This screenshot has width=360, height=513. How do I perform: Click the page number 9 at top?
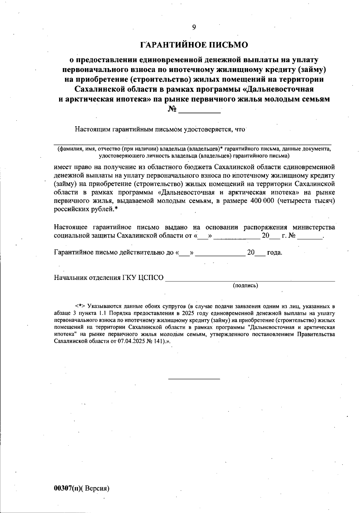click(x=194, y=27)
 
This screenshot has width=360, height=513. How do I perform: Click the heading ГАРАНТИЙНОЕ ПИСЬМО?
click(x=194, y=45)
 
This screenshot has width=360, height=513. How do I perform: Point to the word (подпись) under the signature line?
click(x=245, y=286)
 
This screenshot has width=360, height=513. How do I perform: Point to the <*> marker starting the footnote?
click(x=80, y=306)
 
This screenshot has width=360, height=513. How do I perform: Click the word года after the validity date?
click(x=274, y=252)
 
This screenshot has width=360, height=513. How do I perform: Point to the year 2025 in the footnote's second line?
click(x=189, y=313)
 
